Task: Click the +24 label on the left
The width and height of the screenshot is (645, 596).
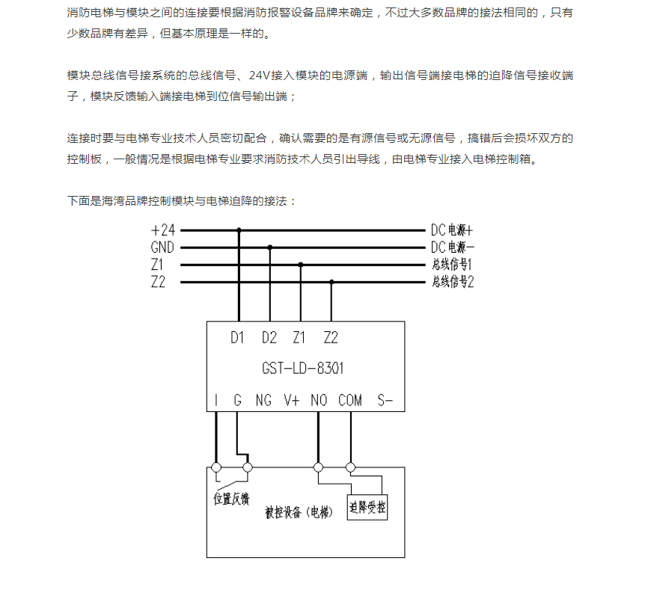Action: click(162, 230)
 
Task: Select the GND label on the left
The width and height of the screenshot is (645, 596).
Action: click(162, 248)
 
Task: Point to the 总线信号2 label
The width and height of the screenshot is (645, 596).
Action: click(453, 282)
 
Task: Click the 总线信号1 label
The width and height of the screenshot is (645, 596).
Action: click(452, 265)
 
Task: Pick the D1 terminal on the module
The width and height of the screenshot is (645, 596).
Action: click(238, 338)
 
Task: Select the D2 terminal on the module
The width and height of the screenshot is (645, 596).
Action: click(269, 338)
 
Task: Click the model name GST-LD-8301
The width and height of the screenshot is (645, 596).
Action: click(303, 369)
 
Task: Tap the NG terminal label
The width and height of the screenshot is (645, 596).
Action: click(263, 401)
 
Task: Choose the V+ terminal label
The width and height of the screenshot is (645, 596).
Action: click(291, 401)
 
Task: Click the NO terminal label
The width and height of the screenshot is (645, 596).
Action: click(319, 401)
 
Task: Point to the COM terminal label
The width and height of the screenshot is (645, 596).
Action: click(349, 401)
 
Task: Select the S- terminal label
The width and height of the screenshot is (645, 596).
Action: click(385, 401)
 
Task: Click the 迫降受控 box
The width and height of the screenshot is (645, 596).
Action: click(367, 509)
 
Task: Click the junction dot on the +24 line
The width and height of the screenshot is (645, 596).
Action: click(239, 230)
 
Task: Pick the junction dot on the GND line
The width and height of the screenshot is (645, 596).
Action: click(270, 248)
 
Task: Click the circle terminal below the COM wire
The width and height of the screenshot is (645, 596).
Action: click(350, 468)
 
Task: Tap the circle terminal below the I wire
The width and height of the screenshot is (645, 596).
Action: click(216, 468)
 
